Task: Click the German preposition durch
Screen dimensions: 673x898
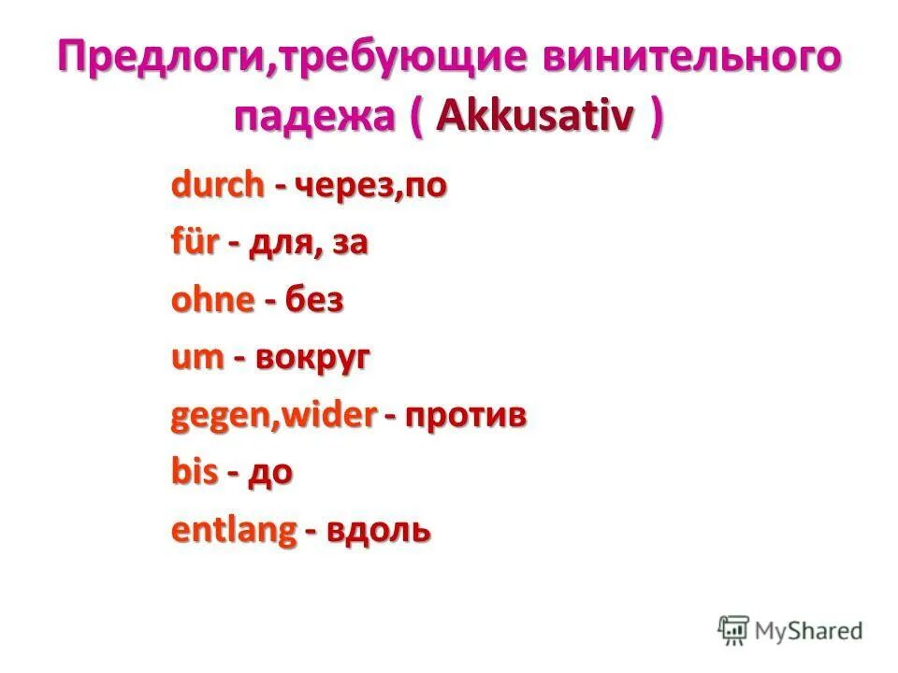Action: [x=217, y=185]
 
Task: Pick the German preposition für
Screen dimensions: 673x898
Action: [x=195, y=243]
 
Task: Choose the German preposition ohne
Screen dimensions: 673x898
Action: [x=212, y=300]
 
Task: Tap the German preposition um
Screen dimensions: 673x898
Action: [x=196, y=358]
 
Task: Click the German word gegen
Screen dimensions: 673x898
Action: [x=222, y=417]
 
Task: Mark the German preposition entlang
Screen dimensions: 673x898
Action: [x=233, y=531]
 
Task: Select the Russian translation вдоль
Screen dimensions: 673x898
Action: [x=379, y=530]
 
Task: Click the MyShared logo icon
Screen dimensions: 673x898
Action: [x=734, y=629]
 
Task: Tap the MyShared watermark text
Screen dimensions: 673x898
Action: [x=809, y=630]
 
